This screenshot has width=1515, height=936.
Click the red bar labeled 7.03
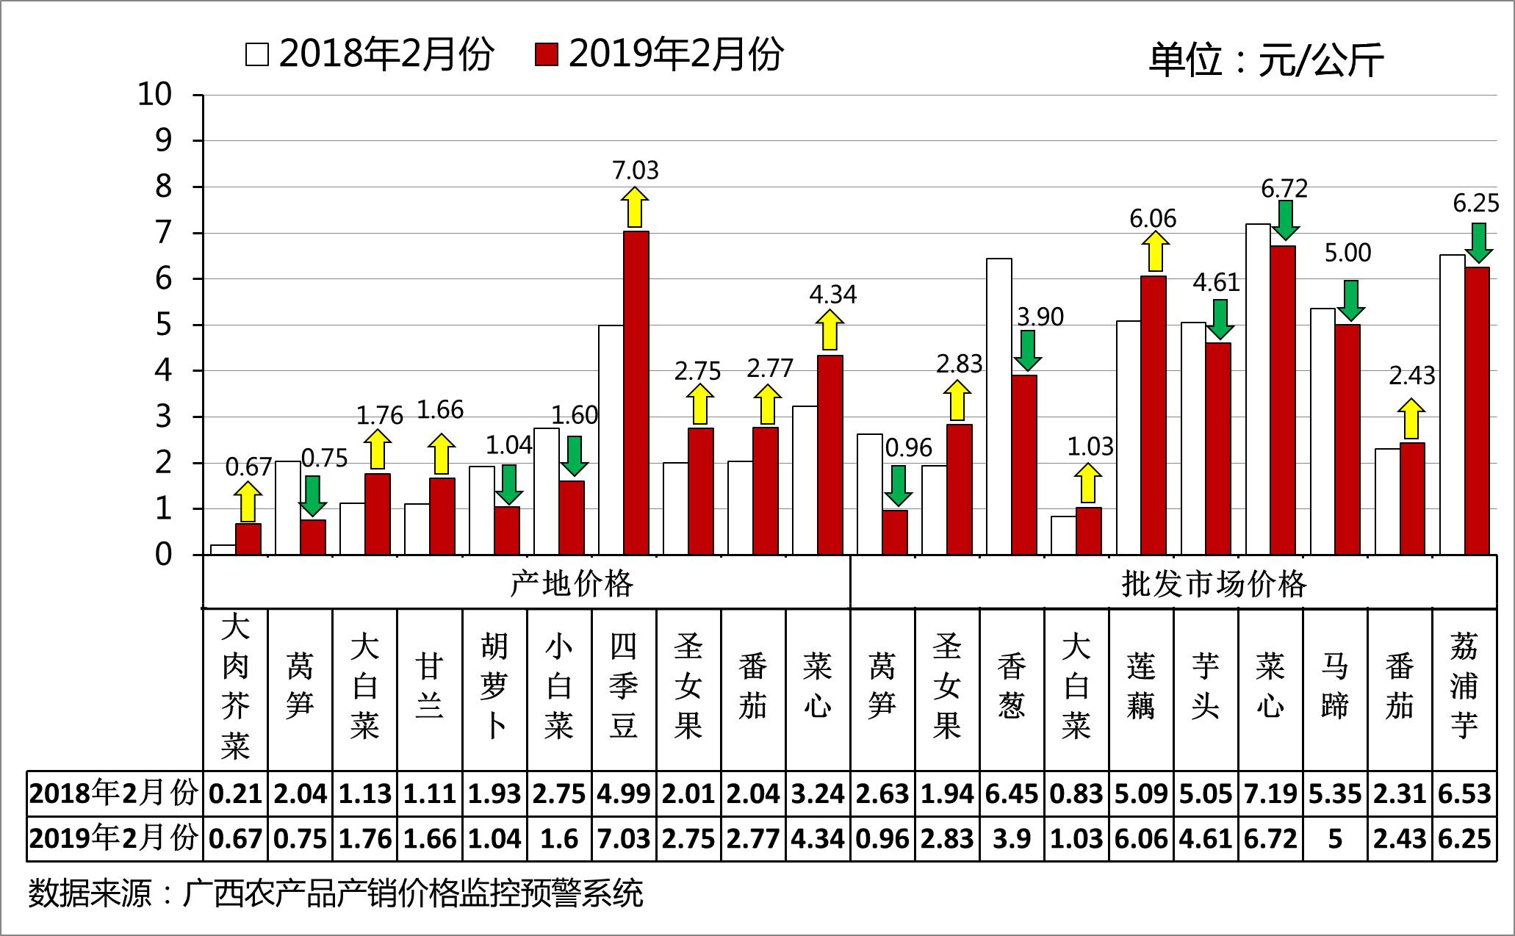coord(636,393)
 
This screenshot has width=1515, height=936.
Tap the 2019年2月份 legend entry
coord(659,54)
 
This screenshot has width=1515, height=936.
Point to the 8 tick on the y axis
coord(162,187)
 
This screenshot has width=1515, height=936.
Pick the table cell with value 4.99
coord(624,793)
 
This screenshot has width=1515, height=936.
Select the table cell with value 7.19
coord(1270,793)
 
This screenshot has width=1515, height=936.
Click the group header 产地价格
coord(571,584)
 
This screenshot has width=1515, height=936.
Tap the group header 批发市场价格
coord(1214,584)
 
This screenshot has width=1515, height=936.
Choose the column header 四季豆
coord(624,687)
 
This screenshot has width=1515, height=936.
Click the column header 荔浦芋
coord(1464,687)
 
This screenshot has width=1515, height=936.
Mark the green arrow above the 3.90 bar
coord(1028,350)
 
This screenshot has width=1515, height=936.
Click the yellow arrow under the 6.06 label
coord(1155,252)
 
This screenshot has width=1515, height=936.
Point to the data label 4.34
coord(832,295)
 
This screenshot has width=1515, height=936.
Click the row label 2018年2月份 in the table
coord(114,793)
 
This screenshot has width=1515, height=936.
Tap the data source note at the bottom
coord(336,893)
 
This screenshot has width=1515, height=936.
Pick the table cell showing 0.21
coord(236,793)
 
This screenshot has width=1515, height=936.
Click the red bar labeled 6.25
coord(1477,411)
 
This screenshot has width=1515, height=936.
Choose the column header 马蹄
coord(1335,687)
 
